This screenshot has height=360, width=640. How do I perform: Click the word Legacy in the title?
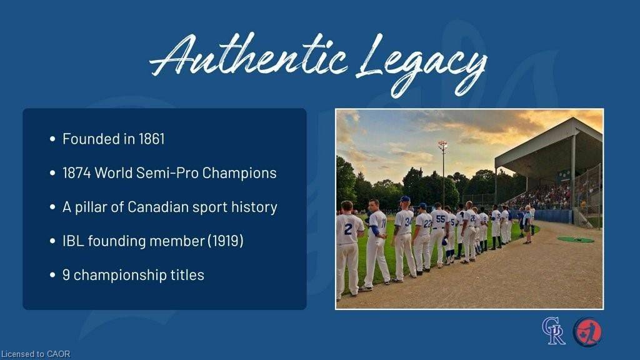(x=421, y=63)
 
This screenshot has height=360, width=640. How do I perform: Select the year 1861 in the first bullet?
(x=151, y=139)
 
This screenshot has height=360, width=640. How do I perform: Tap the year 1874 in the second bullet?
(x=76, y=173)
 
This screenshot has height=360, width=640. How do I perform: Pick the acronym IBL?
(x=73, y=241)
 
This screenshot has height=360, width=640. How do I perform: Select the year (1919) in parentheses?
(x=226, y=241)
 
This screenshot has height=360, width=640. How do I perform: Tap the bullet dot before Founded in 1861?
(x=52, y=139)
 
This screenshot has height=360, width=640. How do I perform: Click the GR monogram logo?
(x=554, y=331)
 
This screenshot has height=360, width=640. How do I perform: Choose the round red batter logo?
(x=587, y=332)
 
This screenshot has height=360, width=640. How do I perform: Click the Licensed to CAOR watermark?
(x=36, y=354)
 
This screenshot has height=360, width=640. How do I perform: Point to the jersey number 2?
(x=347, y=229)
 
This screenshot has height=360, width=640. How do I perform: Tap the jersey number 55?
(x=441, y=219)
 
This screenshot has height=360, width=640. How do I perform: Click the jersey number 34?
(x=408, y=221)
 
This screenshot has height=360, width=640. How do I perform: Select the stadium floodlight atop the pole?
(x=442, y=145)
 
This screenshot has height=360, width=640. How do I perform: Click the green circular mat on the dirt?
(x=576, y=239)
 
